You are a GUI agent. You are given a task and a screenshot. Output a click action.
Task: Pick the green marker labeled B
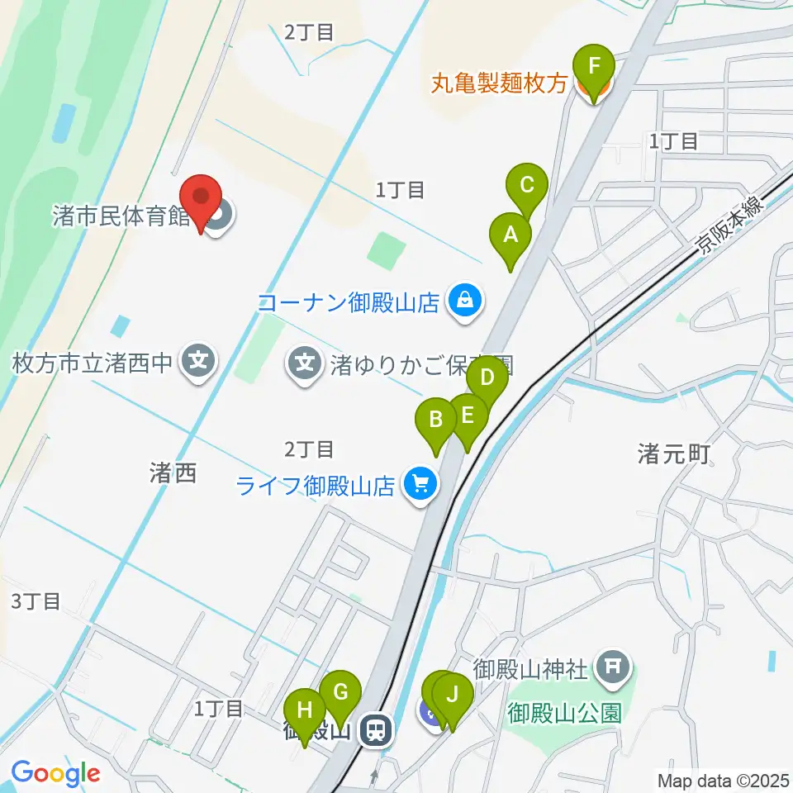click(x=435, y=422)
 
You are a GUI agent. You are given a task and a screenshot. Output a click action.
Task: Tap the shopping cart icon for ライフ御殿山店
click(x=420, y=484)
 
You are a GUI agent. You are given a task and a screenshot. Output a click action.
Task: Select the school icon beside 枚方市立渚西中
click(x=199, y=361)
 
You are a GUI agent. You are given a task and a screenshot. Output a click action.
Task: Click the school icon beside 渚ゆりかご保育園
click(x=306, y=361)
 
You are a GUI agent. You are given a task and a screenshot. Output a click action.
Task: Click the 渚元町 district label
click(x=673, y=453)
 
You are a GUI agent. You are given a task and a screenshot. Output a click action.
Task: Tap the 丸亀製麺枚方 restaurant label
click(x=500, y=84)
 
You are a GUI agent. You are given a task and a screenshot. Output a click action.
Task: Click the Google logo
click(x=55, y=773)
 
